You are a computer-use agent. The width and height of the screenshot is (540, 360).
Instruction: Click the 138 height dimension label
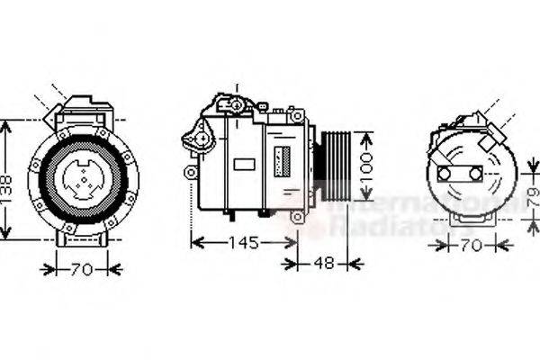(8, 181)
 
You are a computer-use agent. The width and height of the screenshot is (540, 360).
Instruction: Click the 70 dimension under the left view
(82, 267)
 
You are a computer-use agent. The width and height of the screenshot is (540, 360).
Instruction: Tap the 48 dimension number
(323, 264)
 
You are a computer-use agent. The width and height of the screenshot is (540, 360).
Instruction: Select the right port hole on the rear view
(472, 173)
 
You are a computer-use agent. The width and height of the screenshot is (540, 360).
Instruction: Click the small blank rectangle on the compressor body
(244, 165)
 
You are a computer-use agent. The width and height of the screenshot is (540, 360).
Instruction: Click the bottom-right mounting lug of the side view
(296, 216)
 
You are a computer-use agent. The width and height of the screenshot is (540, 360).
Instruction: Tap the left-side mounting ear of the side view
(191, 171)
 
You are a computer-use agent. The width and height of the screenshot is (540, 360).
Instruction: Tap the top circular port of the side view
(238, 104)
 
